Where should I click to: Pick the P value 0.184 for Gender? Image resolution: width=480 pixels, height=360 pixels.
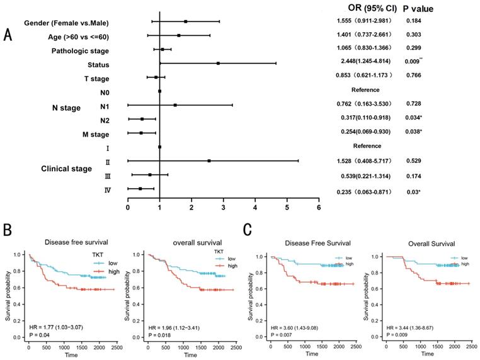tap(413, 21)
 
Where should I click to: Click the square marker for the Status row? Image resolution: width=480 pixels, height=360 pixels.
tap(219, 64)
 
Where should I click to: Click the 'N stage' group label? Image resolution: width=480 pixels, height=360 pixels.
tap(66, 108)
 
